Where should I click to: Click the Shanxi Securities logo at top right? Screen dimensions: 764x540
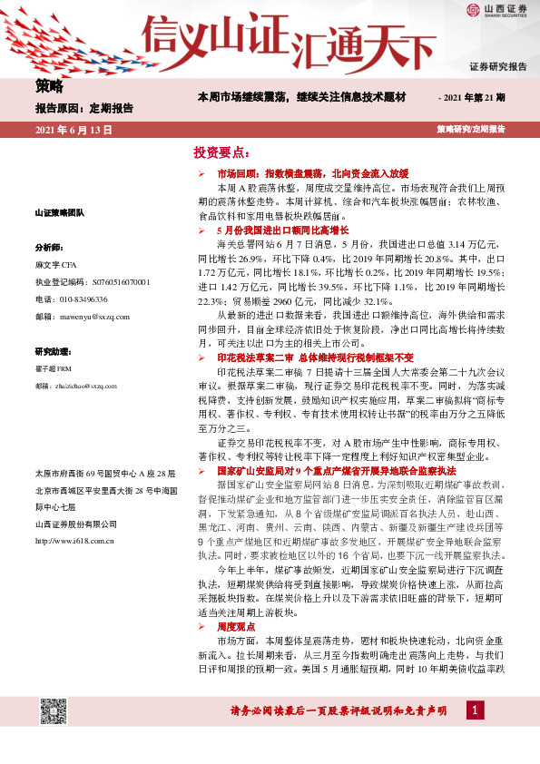coord(496,12)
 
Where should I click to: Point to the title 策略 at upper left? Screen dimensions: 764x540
coord(49,86)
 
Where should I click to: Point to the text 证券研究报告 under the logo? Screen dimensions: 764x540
coord(497,67)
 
